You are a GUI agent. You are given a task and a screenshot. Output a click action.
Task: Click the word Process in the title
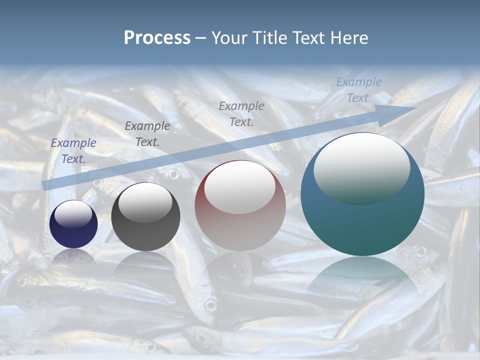click(157, 38)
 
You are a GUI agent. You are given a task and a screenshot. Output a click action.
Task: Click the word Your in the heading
click(230, 38)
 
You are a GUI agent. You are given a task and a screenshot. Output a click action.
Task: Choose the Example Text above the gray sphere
click(147, 134)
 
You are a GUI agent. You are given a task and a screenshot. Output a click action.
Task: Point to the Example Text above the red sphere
click(241, 113)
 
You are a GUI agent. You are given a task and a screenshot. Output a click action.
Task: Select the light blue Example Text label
click(359, 90)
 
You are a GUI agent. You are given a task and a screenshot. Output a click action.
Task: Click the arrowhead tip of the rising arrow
click(414, 107)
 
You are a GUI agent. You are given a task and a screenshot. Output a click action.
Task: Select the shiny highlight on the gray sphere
click(145, 203)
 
